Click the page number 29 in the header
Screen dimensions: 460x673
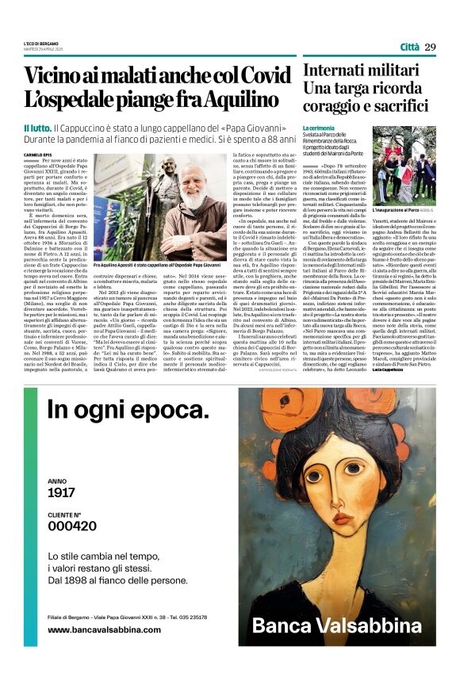coord(430,47)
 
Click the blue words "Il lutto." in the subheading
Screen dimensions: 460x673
coord(37,128)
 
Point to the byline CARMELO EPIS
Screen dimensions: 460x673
coord(36,154)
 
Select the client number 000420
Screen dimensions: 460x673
coord(73,526)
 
